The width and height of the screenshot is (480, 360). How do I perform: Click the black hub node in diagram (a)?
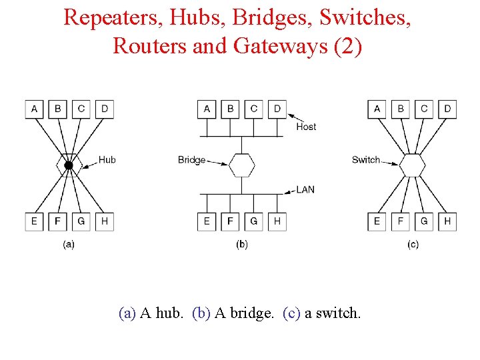tap(68, 165)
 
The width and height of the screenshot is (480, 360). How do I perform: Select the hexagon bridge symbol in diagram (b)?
tap(241, 165)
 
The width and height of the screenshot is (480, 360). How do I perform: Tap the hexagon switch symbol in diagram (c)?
tap(413, 165)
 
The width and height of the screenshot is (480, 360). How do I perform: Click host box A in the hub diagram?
tap(34, 109)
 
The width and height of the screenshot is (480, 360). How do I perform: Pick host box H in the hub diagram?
tap(104, 221)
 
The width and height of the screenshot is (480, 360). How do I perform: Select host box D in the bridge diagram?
tap(277, 109)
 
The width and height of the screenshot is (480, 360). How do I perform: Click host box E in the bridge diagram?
tap(207, 221)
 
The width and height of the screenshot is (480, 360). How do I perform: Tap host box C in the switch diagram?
tap(424, 109)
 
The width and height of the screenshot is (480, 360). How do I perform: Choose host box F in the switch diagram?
tap(401, 221)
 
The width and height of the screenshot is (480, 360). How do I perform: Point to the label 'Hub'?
tap(107, 159)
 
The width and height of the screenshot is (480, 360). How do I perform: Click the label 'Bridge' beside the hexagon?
tap(191, 160)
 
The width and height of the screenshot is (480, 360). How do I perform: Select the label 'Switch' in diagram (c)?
tap(365, 159)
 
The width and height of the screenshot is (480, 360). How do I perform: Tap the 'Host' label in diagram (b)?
tap(306, 127)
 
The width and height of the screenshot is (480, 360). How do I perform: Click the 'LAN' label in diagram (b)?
tap(305, 190)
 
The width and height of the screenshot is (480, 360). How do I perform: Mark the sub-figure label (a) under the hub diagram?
tap(68, 245)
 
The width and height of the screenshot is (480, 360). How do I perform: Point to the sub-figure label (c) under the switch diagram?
tap(413, 245)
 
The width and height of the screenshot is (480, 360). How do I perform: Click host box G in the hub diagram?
tap(81, 221)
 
